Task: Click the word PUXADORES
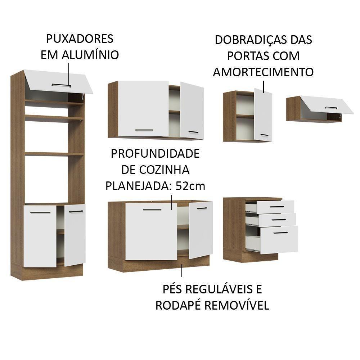click(x=80, y=39)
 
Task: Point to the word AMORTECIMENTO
click(x=263, y=72)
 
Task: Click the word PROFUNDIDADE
click(x=155, y=154)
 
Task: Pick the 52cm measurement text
click(x=190, y=186)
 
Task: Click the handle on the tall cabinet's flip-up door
click(x=61, y=85)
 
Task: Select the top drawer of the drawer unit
click(x=275, y=207)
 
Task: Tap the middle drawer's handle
click(x=279, y=219)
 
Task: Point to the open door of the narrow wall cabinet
click(x=263, y=114)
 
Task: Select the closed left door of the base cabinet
click(x=151, y=231)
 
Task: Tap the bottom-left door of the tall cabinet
click(x=40, y=236)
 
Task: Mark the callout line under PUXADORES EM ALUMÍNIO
click(x=69, y=75)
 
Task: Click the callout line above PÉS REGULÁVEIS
click(x=182, y=271)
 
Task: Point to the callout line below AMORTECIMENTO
click(x=263, y=87)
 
